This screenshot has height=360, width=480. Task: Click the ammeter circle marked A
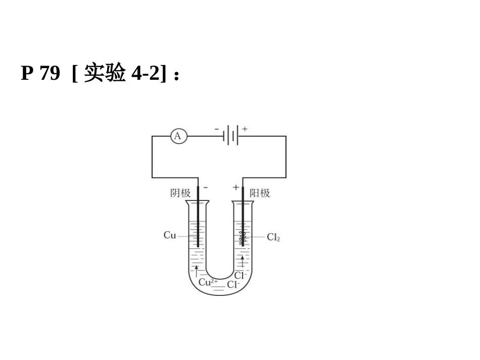[178, 136]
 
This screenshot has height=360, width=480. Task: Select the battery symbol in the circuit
[231, 136]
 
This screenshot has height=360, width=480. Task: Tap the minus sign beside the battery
[217, 129]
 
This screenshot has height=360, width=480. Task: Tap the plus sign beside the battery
[245, 129]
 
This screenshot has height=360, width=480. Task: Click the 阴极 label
[180, 193]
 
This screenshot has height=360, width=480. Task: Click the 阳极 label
[260, 193]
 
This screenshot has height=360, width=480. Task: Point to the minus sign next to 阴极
[205, 187]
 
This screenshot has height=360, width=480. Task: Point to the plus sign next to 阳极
[235, 187]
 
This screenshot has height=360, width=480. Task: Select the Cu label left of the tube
[170, 235]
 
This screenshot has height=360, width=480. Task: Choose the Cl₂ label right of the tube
[273, 237]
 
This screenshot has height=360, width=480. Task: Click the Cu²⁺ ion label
[208, 282]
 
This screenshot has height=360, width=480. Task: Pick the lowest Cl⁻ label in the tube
[233, 285]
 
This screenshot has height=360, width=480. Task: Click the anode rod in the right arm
[243, 212]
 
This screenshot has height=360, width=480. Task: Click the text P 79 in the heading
[40, 74]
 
